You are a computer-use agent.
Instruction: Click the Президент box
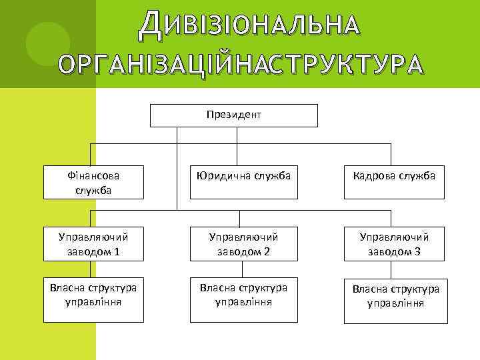(233, 115)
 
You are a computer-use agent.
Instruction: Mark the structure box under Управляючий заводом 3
(394, 295)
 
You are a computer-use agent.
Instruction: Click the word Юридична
(217, 176)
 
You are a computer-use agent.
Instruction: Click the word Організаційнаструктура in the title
(240, 65)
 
